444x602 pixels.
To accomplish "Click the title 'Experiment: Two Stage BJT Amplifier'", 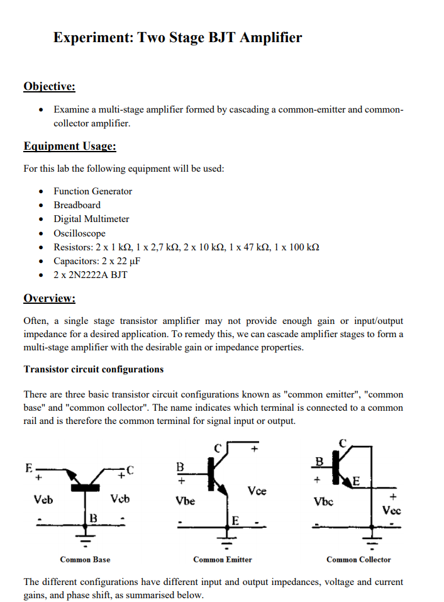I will tap(177, 38).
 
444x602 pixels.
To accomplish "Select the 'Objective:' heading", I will tap(49, 86).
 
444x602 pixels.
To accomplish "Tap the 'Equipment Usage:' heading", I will tap(70, 147).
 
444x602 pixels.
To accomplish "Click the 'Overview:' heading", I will tap(49, 298).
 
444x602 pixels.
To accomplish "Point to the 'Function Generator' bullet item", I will tap(92, 191).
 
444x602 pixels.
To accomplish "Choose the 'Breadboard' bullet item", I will tap(77, 205).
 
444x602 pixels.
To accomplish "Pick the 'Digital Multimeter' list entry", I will tap(91, 219).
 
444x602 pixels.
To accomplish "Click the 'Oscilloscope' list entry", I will tap(79, 233).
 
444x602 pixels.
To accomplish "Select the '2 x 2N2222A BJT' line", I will tap(90, 275).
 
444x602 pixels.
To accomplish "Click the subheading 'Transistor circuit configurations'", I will tap(93, 369).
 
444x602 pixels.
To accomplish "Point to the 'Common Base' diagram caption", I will tap(85, 559).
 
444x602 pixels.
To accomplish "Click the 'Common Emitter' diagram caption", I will tap(222, 559).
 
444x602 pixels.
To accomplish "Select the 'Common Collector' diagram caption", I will tap(358, 559).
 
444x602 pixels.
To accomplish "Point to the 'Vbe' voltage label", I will tap(185, 501).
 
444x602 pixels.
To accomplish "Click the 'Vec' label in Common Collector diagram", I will tap(392, 511).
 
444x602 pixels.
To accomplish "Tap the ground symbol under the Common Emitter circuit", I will tap(226, 540).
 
